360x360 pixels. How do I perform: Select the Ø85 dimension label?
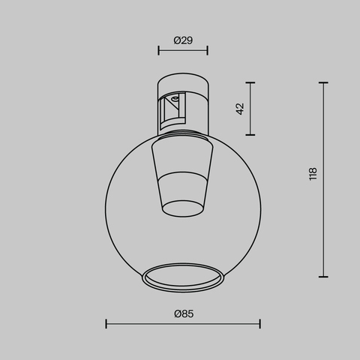pyautogui.click(x=183, y=313)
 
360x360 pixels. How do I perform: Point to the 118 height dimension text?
pyautogui.click(x=313, y=174)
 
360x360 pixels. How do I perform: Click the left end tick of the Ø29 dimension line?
pyautogui.click(x=158, y=51)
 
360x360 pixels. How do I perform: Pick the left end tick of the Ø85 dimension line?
pyautogui.click(x=106, y=324)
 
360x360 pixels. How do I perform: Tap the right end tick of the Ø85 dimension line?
pyautogui.click(x=259, y=324)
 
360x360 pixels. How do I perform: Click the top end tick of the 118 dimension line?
pyautogui.click(x=324, y=82)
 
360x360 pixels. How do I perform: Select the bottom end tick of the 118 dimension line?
pyautogui.click(x=324, y=276)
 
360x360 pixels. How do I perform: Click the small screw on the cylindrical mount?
pyautogui.click(x=176, y=98)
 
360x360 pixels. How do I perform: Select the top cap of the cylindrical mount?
pyautogui.click(x=182, y=81)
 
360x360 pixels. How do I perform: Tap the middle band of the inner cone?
pyautogui.click(x=183, y=183)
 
